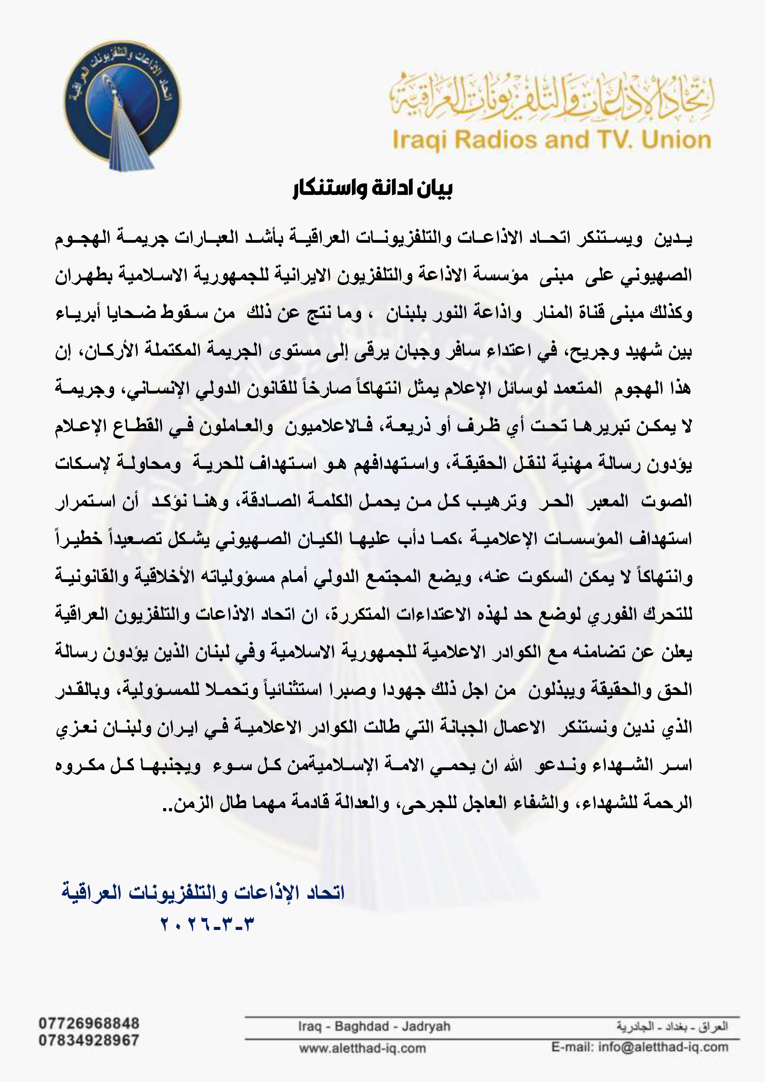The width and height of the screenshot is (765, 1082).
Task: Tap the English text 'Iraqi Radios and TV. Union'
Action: pyautogui.click(x=551, y=140)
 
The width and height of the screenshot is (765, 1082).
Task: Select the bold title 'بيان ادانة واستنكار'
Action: pyautogui.click(x=372, y=189)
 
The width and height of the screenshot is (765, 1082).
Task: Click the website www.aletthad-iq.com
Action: pyautogui.click(x=362, y=1049)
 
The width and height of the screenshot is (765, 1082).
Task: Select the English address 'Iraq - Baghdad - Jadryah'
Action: pyautogui.click(x=374, y=1026)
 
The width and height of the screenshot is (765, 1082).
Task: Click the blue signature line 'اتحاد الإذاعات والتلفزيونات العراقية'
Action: pyautogui.click(x=203, y=893)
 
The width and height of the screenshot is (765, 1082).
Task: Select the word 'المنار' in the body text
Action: pyautogui.click(x=552, y=313)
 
